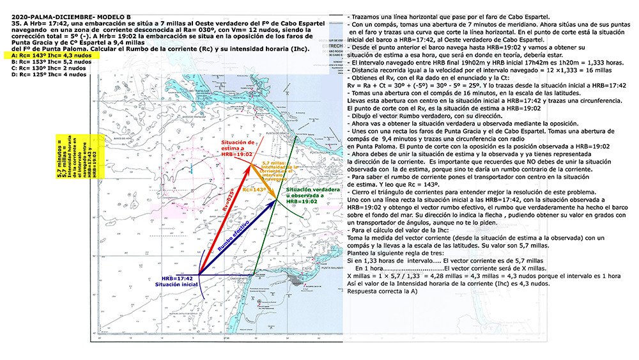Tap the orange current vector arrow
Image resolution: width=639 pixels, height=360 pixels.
click(263, 182)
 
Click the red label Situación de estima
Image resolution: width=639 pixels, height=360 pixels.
click(237, 148)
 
